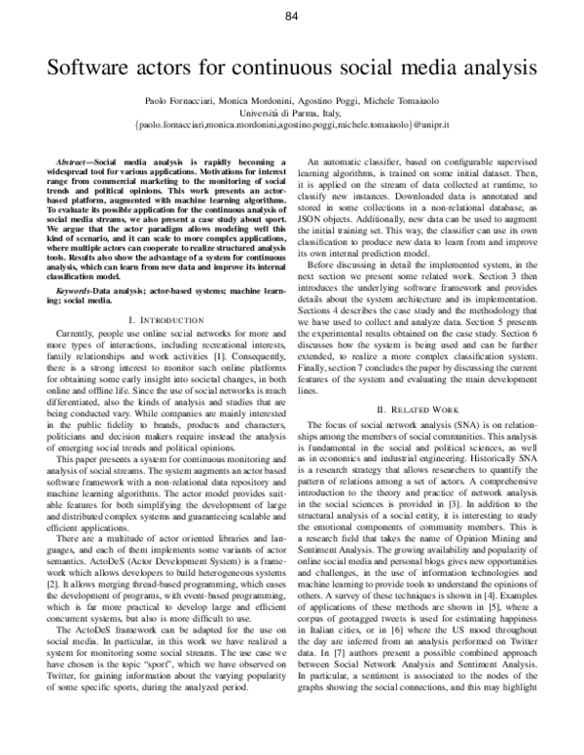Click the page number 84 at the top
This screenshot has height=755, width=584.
(291, 17)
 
